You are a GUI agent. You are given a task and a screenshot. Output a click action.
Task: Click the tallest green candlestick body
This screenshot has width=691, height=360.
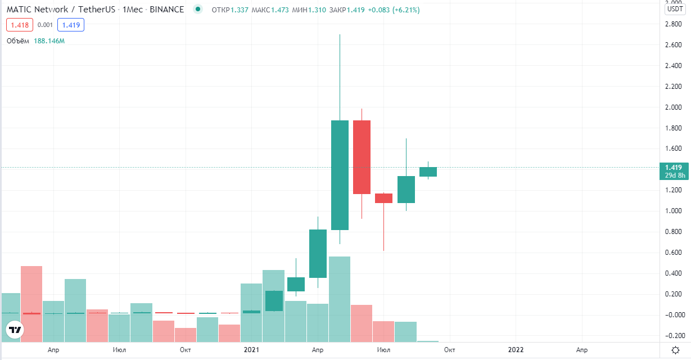(x=340, y=175)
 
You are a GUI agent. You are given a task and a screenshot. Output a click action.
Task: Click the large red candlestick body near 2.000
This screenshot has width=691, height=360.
(x=362, y=157)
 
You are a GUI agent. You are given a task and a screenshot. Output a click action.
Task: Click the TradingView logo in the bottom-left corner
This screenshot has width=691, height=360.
(x=16, y=330)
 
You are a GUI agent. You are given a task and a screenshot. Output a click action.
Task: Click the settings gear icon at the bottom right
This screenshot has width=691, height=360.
(x=675, y=350)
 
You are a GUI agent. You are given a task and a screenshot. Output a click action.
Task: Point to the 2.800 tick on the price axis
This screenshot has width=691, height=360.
(x=674, y=25)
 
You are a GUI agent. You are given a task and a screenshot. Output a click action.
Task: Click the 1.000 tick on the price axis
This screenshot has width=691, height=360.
(x=674, y=211)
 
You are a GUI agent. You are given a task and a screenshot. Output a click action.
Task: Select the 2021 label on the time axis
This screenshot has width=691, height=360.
(x=251, y=350)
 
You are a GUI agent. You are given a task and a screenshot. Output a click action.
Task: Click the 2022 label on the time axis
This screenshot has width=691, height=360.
(x=516, y=350)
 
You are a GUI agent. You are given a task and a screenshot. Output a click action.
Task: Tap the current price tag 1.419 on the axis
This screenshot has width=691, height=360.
(x=674, y=167)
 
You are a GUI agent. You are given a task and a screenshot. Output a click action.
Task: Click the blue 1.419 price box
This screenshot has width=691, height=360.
(x=71, y=25)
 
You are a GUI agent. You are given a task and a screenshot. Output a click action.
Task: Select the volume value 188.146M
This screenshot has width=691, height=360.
(x=49, y=41)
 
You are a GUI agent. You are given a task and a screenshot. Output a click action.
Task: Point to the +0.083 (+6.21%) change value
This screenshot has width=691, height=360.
(x=394, y=10)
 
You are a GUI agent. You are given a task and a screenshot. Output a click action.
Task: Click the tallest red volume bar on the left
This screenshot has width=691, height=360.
(x=31, y=304)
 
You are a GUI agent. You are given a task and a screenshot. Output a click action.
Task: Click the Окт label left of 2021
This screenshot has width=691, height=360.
(x=185, y=350)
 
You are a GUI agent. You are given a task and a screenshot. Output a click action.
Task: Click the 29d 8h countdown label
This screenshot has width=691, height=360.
(x=675, y=175)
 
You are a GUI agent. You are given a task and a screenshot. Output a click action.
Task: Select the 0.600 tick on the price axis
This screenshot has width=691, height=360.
(x=674, y=253)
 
